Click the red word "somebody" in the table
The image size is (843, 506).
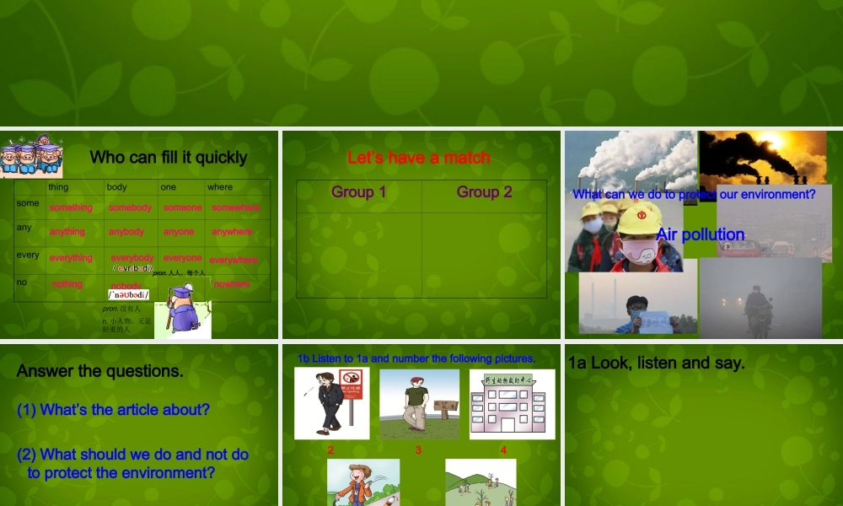click(130, 207)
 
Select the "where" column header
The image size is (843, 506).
click(220, 187)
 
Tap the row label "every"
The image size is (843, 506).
click(28, 255)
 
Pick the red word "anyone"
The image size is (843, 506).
click(179, 232)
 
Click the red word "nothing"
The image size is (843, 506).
click(67, 284)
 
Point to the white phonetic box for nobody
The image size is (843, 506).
click(128, 294)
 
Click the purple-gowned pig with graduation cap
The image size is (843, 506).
click(181, 310)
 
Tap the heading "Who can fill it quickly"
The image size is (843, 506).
click(169, 157)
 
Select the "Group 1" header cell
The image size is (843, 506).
click(359, 192)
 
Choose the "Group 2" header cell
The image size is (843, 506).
click(484, 192)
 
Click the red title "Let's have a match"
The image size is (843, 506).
click(418, 158)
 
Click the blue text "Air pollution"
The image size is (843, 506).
click(701, 234)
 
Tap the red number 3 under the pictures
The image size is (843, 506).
click(418, 450)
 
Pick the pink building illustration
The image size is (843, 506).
click(512, 405)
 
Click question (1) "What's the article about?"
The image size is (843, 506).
click(113, 410)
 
